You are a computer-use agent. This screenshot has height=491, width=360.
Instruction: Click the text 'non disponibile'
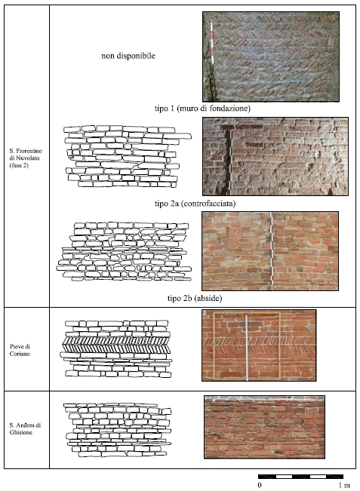tap(128, 56)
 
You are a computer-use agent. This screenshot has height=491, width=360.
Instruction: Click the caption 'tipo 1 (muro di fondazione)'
tap(202, 109)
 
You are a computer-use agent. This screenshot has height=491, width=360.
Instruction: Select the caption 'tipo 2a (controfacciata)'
tap(195, 204)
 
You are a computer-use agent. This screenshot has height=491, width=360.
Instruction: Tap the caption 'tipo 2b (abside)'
tap(195, 298)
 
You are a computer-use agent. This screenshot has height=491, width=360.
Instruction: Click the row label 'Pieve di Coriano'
tap(20, 350)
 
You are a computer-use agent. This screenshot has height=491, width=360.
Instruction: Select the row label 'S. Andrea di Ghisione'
tap(25, 428)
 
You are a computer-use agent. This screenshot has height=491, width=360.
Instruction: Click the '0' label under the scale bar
tap(260, 486)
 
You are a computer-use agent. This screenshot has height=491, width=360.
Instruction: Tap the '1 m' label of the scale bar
tap(343, 486)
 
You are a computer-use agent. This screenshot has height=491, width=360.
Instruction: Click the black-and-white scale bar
tap(300, 477)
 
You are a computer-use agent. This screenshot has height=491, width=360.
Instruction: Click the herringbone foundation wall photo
tap(271, 57)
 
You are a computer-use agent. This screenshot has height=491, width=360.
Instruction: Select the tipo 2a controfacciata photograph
tap(275, 156)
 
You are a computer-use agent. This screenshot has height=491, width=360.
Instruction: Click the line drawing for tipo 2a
tap(128, 156)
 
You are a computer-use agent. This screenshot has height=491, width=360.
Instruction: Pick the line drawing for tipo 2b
tap(124, 251)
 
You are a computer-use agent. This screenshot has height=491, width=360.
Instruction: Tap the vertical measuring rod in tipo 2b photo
tap(272, 251)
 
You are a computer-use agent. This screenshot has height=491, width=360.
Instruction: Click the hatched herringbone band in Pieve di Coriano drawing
tap(116, 345)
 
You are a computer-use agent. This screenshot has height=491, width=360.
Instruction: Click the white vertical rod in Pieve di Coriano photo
tap(247, 347)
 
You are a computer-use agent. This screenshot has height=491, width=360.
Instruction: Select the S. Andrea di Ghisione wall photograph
tap(264, 427)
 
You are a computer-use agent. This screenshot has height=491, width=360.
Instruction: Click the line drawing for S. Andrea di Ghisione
tap(118, 430)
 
